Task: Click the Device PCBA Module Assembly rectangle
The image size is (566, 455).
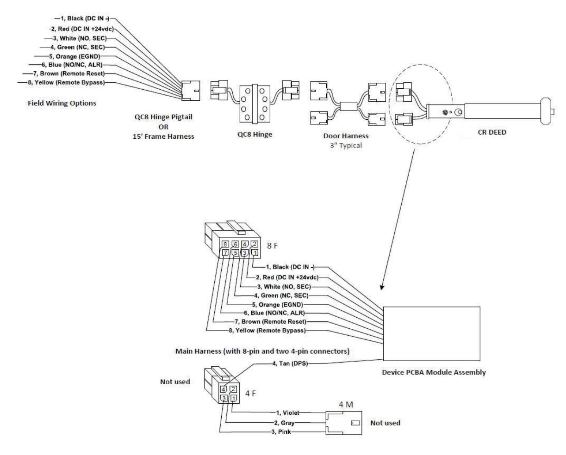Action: pos(431,333)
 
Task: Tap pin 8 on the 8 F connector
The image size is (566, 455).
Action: pos(225,244)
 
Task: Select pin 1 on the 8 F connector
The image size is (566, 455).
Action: pos(255,253)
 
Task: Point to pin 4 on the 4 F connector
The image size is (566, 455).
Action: pos(224,389)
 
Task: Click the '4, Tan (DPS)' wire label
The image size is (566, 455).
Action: pos(290,363)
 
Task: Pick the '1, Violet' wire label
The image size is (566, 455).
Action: pos(287,412)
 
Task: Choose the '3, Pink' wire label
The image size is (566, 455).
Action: pos(281,431)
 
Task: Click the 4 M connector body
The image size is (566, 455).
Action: pos(344,423)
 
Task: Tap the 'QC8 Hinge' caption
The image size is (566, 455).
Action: pos(255,134)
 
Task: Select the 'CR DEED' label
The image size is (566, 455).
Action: pos(492,132)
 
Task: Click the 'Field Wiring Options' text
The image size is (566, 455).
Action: pos(62,103)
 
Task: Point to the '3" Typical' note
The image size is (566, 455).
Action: pos(346,145)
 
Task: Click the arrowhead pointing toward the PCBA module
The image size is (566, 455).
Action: pos(382,287)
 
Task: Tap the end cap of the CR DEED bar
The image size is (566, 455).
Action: pos(546,111)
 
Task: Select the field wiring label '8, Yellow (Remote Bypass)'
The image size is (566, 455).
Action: pos(66,82)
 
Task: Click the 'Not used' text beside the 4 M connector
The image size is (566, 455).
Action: pos(386,423)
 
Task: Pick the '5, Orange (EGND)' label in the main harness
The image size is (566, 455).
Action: pos(278,305)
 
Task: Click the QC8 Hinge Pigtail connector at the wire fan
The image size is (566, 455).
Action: pos(191,91)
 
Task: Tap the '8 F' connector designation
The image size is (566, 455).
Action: pos(272,246)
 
